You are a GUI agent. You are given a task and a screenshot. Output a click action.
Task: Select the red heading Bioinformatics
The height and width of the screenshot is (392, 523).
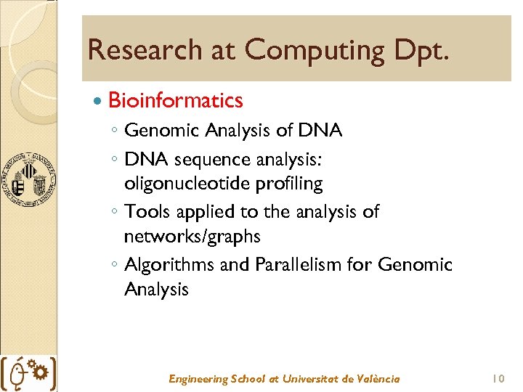pos(175,100)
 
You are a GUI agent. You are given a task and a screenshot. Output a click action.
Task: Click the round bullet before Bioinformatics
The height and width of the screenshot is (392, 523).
pos(99,100)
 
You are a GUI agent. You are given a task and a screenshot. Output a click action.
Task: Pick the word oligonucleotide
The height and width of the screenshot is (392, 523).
pos(187,184)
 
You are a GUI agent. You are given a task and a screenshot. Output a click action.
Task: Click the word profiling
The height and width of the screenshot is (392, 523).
pos(288,184)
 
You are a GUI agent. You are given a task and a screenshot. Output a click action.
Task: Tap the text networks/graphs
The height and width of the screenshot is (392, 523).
pos(192,237)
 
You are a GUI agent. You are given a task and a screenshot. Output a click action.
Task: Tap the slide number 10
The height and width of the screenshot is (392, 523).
pos(498,379)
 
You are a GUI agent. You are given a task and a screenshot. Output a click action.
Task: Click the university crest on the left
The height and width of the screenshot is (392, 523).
pos(27,179)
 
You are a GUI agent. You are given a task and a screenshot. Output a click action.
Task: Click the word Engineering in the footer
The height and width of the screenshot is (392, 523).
pos(197,379)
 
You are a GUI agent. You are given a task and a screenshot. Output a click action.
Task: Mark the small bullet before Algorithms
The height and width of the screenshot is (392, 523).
pos(114,266)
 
